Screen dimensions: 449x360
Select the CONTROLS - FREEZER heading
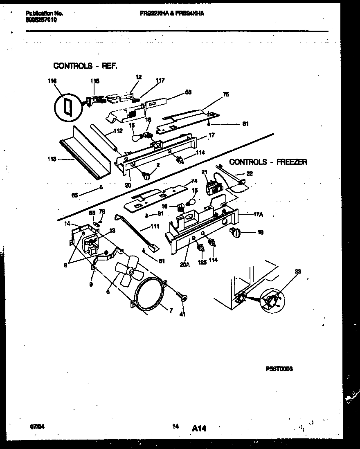point(268,162)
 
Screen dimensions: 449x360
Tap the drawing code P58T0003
point(279,369)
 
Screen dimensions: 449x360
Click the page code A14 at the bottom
point(199,428)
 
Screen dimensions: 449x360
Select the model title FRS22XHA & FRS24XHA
point(172,13)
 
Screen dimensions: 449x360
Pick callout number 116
point(52,81)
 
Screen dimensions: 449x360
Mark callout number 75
point(226,94)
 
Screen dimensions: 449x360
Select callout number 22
point(250,173)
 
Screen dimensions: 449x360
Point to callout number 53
point(188,92)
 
